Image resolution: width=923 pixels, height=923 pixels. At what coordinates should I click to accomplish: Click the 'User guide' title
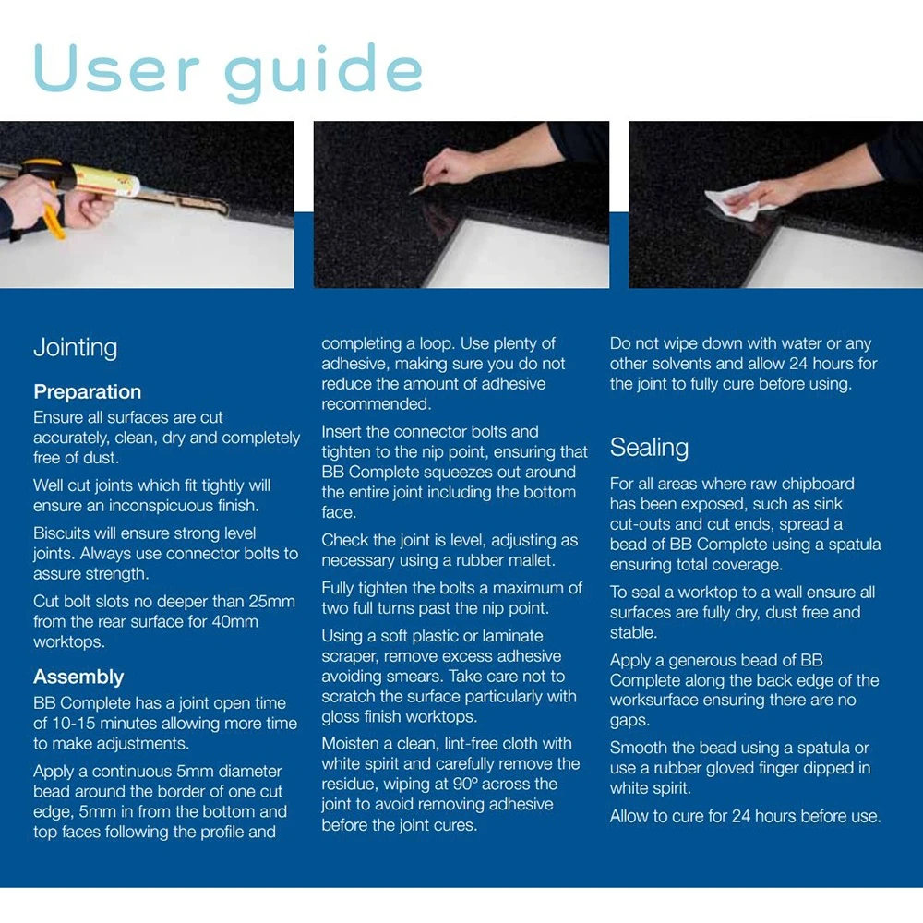[228, 72]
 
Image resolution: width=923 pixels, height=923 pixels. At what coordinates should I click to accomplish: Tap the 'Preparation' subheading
[87, 392]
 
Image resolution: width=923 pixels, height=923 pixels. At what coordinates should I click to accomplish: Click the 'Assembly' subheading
[78, 677]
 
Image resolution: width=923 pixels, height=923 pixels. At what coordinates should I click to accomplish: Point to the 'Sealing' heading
[649, 448]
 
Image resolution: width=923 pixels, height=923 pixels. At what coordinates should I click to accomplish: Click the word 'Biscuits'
[61, 533]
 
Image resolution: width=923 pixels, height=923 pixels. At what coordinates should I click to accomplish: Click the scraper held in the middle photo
[419, 188]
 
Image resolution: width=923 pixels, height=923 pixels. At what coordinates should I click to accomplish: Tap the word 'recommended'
[377, 404]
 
